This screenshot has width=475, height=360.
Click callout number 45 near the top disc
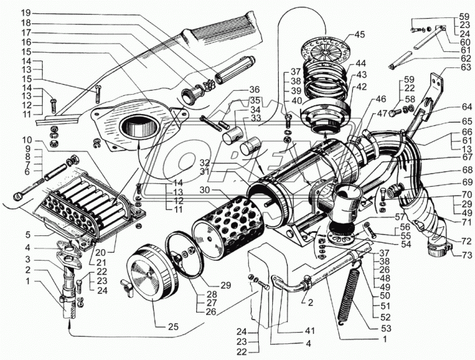pyautogui.click(x=360, y=35)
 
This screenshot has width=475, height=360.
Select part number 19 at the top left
pyautogui.click(x=25, y=13)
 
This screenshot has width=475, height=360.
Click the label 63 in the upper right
pyautogui.click(x=467, y=67)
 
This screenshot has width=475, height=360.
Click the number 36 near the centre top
pyautogui.click(x=254, y=91)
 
